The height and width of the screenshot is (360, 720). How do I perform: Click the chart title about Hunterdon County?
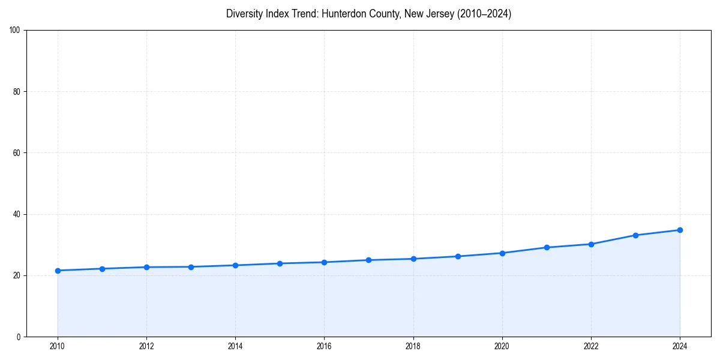pos(368,14)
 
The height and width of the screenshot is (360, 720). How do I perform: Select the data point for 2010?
pos(58,271)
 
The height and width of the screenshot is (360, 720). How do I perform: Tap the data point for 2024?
pos(680,230)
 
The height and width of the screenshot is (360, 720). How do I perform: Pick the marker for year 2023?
pos(635,235)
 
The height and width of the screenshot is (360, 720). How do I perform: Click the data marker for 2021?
pos(547,247)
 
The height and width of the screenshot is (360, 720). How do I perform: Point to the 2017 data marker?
pos(368,260)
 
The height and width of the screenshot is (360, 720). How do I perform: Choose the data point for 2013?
pos(191,267)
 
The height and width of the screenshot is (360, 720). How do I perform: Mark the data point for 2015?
pos(280,263)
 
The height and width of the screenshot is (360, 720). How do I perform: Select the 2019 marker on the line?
pos(458,256)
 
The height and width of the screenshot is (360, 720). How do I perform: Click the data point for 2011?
pos(102,269)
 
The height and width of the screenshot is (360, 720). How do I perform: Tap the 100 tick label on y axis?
pos(16,30)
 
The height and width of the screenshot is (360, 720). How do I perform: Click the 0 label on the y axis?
pos(19,337)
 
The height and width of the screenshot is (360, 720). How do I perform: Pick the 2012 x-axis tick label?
pos(146,346)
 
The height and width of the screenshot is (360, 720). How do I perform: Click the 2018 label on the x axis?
pos(413,346)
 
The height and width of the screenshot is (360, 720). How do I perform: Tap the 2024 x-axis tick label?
pos(680,346)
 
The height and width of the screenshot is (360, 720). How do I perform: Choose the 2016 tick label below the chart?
pos(324,346)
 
